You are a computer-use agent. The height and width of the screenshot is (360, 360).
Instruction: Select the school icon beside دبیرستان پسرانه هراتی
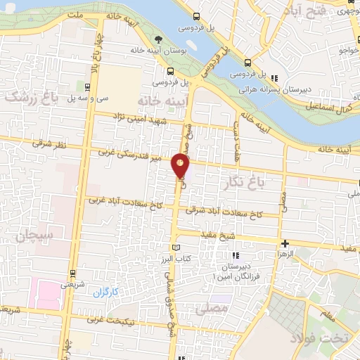coord(276,78)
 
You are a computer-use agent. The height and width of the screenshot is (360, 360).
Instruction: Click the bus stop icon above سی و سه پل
coord(86,87)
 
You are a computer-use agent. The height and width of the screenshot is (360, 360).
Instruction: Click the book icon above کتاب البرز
coord(176,247)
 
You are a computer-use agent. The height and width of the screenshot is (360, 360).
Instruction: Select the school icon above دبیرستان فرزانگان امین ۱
coord(235,255)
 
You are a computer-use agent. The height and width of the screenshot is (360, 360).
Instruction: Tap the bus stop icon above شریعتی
coord(72,276)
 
